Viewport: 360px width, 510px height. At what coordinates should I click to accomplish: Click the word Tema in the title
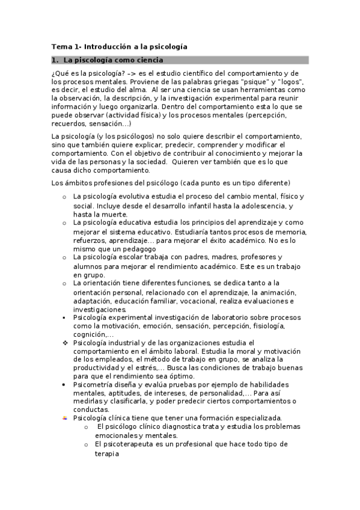point(61,46)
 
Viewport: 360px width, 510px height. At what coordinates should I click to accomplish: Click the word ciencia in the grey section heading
point(147,60)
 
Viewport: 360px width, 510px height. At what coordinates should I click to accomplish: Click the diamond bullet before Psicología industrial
point(64,342)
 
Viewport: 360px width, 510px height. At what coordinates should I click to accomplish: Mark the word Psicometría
point(93,384)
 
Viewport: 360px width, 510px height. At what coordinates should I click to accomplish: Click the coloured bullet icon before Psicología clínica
point(64,418)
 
